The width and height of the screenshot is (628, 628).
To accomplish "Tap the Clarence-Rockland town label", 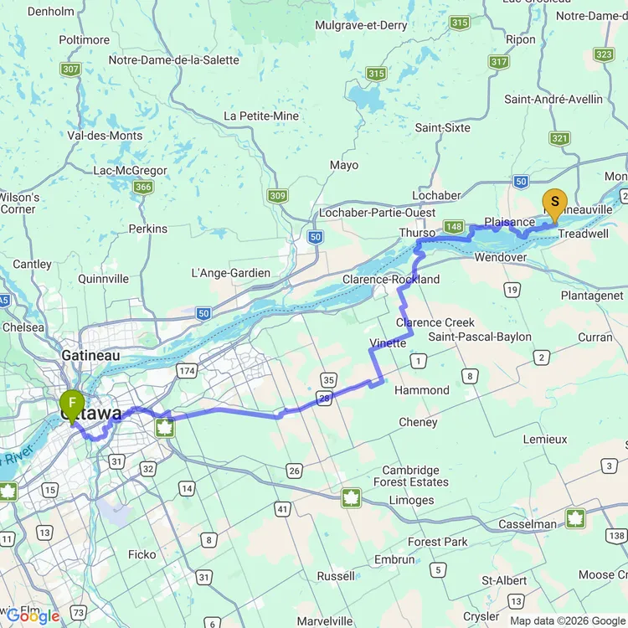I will (391, 280).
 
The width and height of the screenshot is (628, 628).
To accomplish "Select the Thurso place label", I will (417, 232).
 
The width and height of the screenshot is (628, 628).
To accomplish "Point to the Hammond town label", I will (422, 390).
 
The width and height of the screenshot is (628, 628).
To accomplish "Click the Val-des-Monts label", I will (105, 136).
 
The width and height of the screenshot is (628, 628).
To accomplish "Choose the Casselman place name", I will (528, 524).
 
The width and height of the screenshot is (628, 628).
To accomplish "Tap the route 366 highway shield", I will (143, 187).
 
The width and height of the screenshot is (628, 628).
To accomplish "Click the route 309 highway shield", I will (278, 195).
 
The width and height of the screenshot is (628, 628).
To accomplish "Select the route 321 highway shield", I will (560, 139).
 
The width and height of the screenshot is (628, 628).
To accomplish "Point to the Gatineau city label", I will (90, 355).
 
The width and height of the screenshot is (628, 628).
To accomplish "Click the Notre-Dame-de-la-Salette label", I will (173, 60).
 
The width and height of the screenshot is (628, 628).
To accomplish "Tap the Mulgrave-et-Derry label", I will (361, 25).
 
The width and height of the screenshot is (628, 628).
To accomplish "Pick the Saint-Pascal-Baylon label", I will (480, 337).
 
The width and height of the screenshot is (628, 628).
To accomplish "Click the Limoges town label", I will (411, 500).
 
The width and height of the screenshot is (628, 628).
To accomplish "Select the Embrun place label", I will (394, 559).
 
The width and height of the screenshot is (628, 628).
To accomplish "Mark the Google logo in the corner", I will (32, 616).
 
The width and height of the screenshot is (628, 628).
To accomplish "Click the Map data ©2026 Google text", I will (568, 620).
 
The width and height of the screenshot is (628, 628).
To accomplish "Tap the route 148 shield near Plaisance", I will (455, 227).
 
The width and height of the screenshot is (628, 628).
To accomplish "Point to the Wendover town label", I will (500, 257).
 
